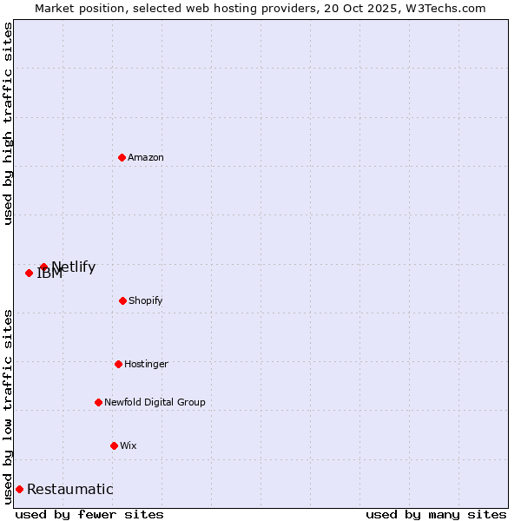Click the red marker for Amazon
click(122, 157)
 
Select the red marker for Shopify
click(122, 300)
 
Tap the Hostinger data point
click(118, 364)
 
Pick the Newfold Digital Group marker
click(98, 402)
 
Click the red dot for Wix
click(114, 445)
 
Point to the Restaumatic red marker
click(19, 489)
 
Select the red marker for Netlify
click(43, 267)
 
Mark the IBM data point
click(29, 273)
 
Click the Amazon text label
click(146, 157)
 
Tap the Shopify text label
click(146, 300)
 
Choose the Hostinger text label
click(146, 364)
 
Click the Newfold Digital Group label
click(155, 402)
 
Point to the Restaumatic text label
click(69, 489)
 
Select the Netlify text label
click(74, 267)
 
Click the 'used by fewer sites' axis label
click(89, 514)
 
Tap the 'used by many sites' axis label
click(436, 514)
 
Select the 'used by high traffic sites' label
click(8, 123)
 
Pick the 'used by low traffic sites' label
click(8, 406)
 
